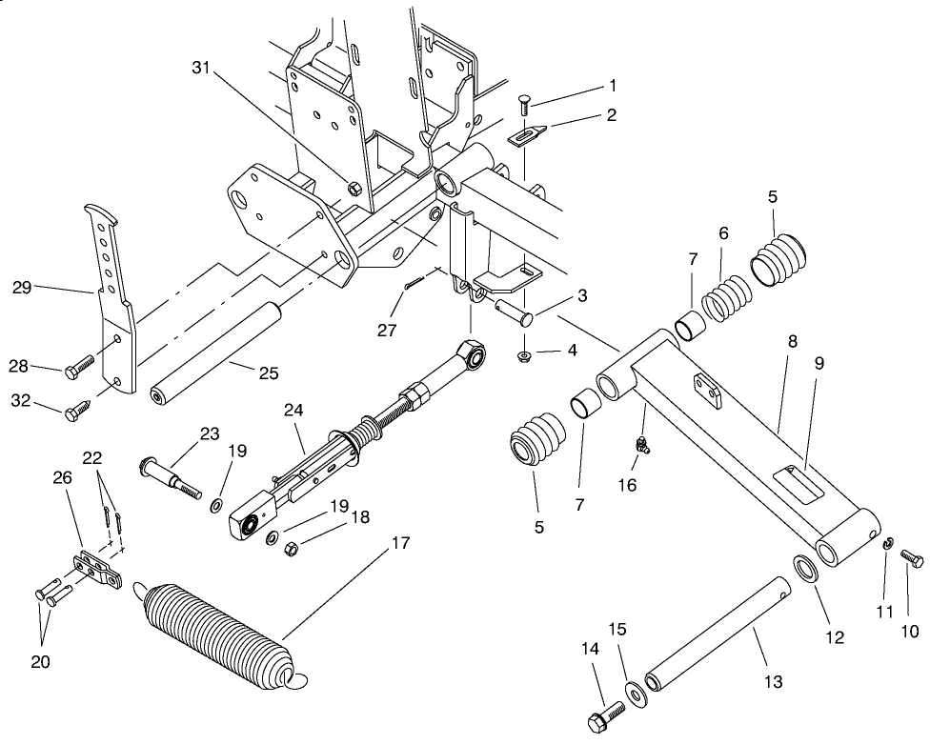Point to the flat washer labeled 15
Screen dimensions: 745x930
click(x=633, y=691)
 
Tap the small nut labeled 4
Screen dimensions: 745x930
click(x=524, y=356)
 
